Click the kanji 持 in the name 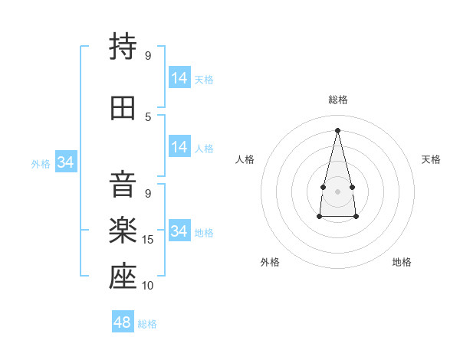coord(123,46)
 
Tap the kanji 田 coord(123,108)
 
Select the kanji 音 coord(123,184)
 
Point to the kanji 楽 coord(123,230)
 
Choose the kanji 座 coord(123,276)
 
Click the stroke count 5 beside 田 coord(148,117)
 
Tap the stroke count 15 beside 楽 coord(147,240)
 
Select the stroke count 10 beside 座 coord(147,285)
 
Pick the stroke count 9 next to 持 coord(148,55)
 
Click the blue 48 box coord(123,321)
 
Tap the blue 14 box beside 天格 coord(180,77)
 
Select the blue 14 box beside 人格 coord(180,146)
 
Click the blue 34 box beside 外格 coord(66,162)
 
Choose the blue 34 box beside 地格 coord(180,230)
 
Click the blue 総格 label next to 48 coord(147,324)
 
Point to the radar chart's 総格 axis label coord(338,100)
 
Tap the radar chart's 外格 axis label coord(270,262)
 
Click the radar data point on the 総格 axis coord(337,130)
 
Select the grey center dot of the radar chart coord(337,191)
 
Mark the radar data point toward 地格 coord(356,216)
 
